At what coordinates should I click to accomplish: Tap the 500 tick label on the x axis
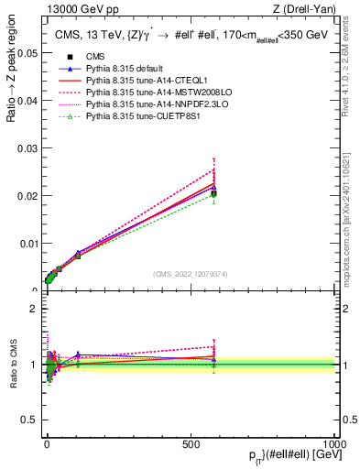tap(191, 442)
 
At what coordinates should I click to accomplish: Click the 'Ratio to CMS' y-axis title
tap(11, 365)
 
